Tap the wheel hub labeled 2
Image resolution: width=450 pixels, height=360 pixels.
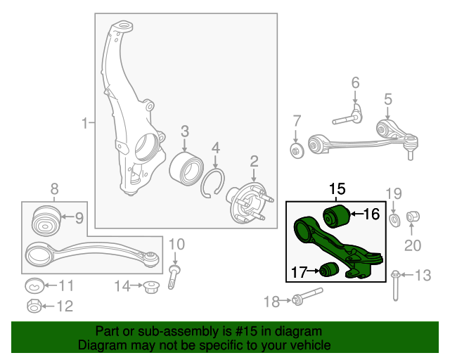250,202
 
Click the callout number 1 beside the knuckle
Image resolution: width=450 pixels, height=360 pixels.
84,123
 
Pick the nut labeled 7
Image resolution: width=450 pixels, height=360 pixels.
297,150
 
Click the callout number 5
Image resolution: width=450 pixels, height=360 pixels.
387,99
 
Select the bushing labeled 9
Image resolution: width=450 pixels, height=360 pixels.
46,221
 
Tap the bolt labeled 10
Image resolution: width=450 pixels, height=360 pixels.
174,277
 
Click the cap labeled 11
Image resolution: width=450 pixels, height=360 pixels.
34,285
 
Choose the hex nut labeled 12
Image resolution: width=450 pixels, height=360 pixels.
34,306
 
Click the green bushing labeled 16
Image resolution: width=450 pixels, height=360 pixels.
336,216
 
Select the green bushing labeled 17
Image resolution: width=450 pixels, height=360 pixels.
330,269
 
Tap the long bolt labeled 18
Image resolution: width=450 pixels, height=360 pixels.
307,296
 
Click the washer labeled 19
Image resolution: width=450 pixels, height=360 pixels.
394,219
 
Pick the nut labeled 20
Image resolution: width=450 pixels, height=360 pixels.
413,217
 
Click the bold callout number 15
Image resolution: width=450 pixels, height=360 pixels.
337,189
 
